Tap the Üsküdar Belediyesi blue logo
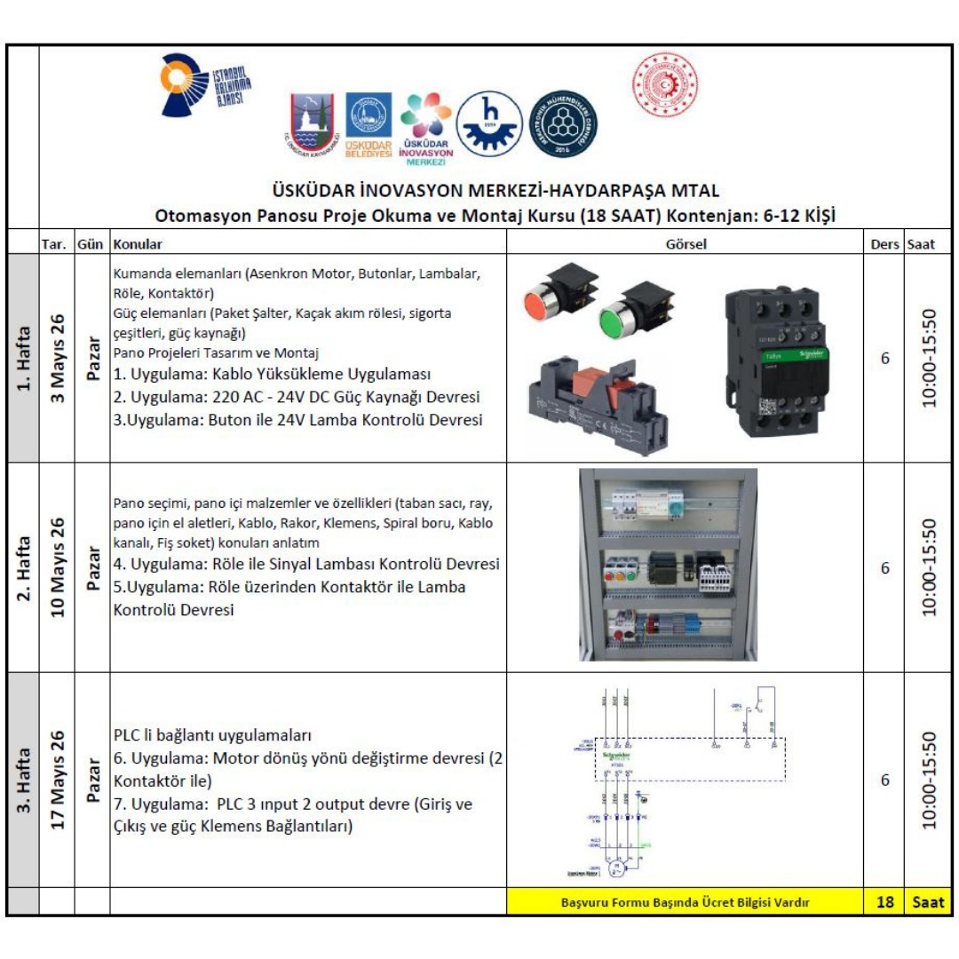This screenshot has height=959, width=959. [368, 125]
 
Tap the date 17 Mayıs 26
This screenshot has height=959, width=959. [59, 779]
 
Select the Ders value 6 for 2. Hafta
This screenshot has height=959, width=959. [884, 567]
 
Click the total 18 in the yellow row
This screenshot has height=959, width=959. [884, 902]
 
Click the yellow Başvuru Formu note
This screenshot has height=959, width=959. [686, 902]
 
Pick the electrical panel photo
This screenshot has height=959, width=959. [668, 565]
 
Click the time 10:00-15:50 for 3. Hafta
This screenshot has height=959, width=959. [929, 779]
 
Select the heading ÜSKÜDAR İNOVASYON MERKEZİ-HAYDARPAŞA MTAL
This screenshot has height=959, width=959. [495, 191]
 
